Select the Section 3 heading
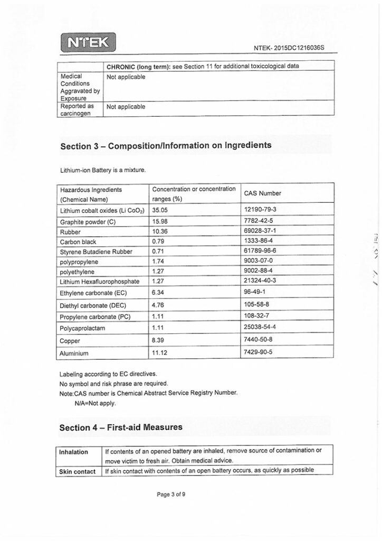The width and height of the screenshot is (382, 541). click(x=166, y=145)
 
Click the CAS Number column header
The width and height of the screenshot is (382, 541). click(x=262, y=193)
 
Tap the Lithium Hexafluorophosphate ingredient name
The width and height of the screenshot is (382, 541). click(x=100, y=282)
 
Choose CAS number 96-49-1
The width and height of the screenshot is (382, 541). click(x=255, y=292)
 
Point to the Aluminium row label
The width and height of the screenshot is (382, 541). click(x=74, y=353)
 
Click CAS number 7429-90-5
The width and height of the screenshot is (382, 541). click(x=259, y=352)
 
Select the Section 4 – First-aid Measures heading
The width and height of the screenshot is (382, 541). click(x=121, y=427)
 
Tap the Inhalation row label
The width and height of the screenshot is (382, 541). click(x=74, y=452)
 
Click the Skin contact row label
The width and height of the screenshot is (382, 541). click(x=78, y=471)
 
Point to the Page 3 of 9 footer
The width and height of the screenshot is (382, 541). click(x=171, y=495)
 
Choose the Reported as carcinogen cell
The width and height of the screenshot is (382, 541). click(x=77, y=110)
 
